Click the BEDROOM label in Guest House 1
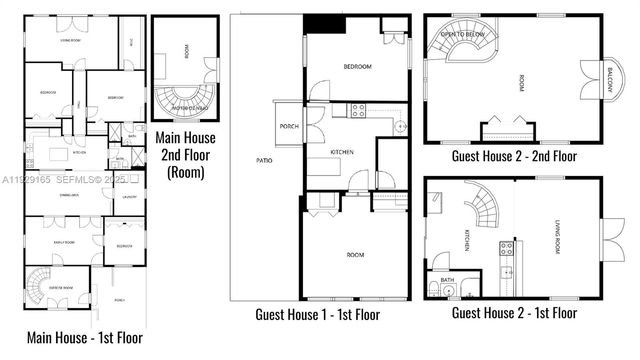pos(357,67)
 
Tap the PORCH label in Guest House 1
pos(290,126)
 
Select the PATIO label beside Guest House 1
pos(264,159)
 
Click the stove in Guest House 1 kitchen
pos(356,111)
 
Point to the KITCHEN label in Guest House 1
pos(342,151)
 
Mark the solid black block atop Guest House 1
pos(326,24)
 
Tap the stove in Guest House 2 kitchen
pos(507,247)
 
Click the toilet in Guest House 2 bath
pos(432,287)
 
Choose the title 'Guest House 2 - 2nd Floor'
pos(514,156)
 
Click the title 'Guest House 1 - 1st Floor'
pos(317,314)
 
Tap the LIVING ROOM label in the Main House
pos(71,40)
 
